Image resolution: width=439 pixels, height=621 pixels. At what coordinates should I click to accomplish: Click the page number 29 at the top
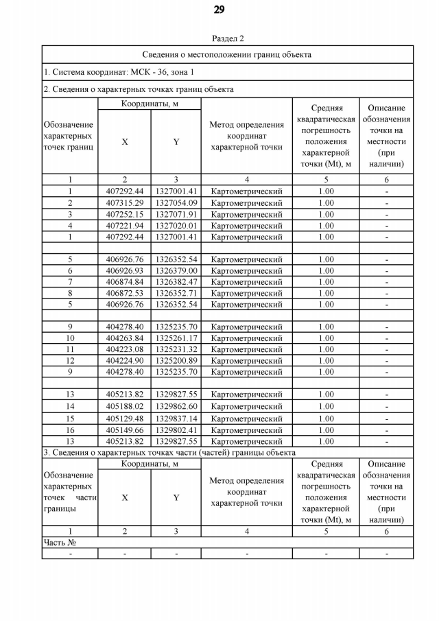[219, 10]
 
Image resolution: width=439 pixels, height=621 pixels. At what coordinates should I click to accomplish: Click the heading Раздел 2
[228, 38]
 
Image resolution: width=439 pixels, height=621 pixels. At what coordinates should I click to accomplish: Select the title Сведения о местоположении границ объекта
[227, 54]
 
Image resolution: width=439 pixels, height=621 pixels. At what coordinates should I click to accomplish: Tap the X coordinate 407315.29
[125, 203]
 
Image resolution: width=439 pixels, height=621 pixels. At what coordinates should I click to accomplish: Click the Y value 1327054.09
[176, 203]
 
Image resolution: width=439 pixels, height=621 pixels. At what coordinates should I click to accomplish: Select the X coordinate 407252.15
[125, 214]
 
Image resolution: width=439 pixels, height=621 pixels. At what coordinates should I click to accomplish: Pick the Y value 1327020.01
[176, 225]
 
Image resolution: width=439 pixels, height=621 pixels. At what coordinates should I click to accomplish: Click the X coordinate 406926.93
[125, 270]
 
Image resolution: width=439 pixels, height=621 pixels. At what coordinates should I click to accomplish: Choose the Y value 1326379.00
[176, 270]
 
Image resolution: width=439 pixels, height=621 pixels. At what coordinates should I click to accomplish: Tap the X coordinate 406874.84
[125, 281]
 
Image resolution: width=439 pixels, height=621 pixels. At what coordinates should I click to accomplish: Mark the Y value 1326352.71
[176, 293]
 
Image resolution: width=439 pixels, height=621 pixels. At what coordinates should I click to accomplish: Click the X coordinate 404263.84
[125, 338]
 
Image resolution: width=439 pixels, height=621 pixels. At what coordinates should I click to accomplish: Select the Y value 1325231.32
[176, 349]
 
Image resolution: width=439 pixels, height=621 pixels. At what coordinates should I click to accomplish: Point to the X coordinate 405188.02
[125, 406]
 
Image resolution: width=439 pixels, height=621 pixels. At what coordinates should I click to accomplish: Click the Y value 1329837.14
[176, 419]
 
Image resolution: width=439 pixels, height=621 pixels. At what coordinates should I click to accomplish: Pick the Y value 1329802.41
[176, 430]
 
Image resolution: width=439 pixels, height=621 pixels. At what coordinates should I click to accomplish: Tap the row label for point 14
[70, 406]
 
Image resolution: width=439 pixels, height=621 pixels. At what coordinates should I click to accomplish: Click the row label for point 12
[70, 360]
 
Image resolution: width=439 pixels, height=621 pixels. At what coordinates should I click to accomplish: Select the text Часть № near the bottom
[60, 542]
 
